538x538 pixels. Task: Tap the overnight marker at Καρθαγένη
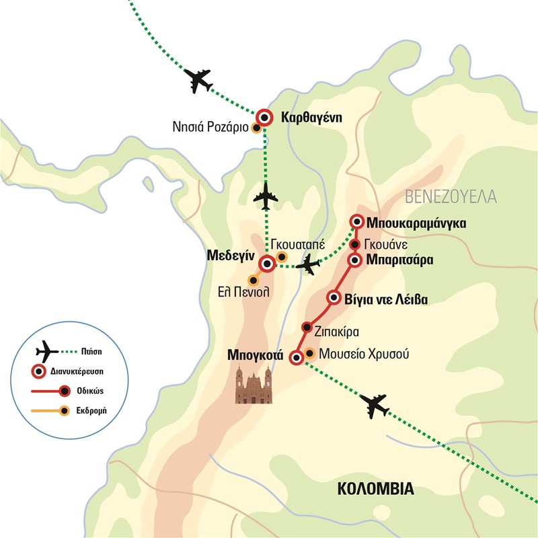click(x=265, y=118)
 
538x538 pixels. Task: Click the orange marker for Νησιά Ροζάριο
click(x=256, y=128)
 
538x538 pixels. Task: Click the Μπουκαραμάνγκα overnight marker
click(x=357, y=222)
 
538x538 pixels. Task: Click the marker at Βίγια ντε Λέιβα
click(x=333, y=297)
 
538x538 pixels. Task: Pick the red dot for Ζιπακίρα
click(x=307, y=327)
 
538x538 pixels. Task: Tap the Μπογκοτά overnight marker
click(x=296, y=358)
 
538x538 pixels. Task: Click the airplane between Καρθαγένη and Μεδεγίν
click(x=268, y=196)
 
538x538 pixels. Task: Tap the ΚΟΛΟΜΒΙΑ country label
click(x=375, y=488)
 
